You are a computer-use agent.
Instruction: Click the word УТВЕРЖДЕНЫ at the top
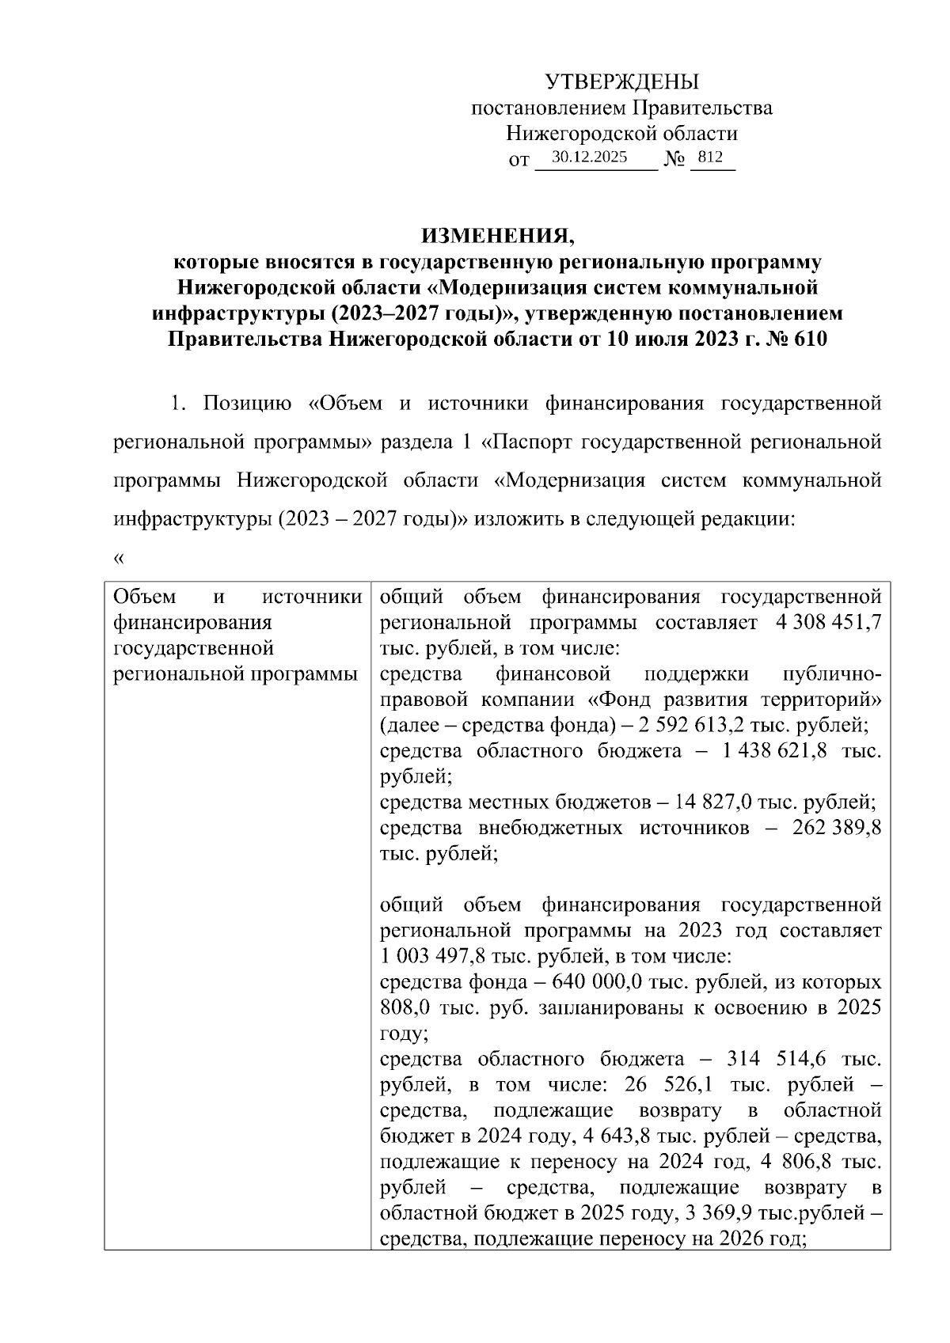(622, 82)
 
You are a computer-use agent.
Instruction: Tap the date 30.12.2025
(589, 157)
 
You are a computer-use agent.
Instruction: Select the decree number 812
(711, 157)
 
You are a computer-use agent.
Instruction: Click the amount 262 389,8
(831, 828)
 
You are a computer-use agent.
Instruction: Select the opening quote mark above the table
(120, 560)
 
